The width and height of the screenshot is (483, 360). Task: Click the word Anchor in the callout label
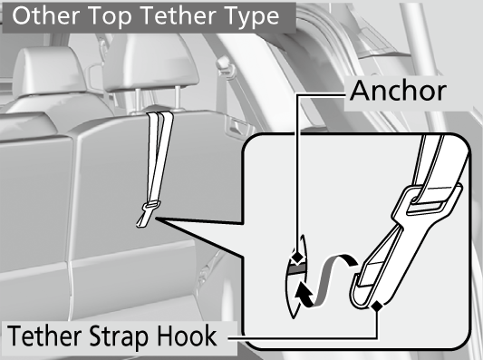(398, 91)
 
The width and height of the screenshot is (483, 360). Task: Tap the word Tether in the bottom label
(44, 336)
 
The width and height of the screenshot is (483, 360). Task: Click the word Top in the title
(111, 17)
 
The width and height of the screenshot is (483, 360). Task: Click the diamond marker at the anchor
(296, 257)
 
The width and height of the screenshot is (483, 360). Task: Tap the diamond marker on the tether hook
(376, 306)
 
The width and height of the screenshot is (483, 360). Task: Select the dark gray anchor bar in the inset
(296, 269)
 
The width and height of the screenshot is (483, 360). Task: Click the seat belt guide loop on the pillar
(226, 66)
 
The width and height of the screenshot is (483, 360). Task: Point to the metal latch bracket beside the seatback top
(237, 126)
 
